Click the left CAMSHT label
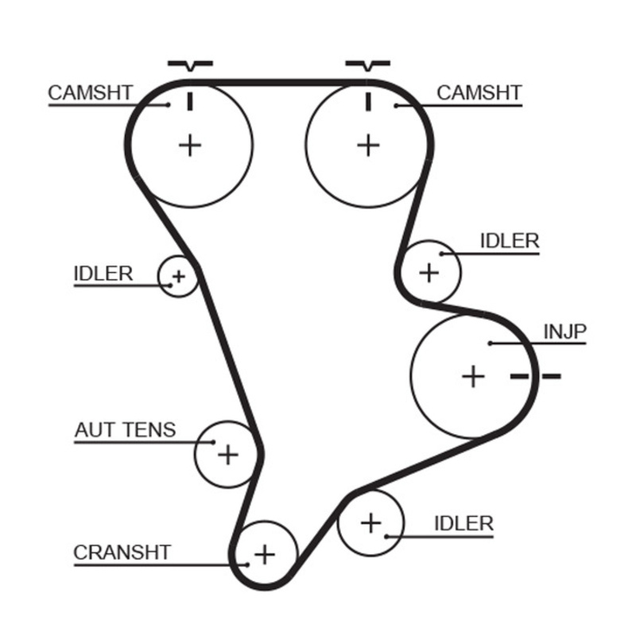[91, 93]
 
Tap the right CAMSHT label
[479, 93]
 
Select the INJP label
[564, 332]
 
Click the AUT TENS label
[126, 430]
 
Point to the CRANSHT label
[122, 553]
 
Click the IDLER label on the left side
[103, 273]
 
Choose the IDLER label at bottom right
[463, 524]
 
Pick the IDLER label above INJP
[510, 241]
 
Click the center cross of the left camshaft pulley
[190, 145]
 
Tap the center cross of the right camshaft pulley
[368, 145]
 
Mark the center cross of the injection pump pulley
[473, 376]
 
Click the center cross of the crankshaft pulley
[265, 554]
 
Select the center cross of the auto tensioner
[228, 454]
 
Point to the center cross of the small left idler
[178, 277]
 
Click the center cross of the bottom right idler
[370, 523]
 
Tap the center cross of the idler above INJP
[429, 272]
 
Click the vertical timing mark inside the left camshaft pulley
[190, 102]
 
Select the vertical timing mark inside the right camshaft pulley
[368, 102]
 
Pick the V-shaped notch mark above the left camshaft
[190, 65]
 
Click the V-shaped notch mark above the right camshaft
[368, 65]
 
